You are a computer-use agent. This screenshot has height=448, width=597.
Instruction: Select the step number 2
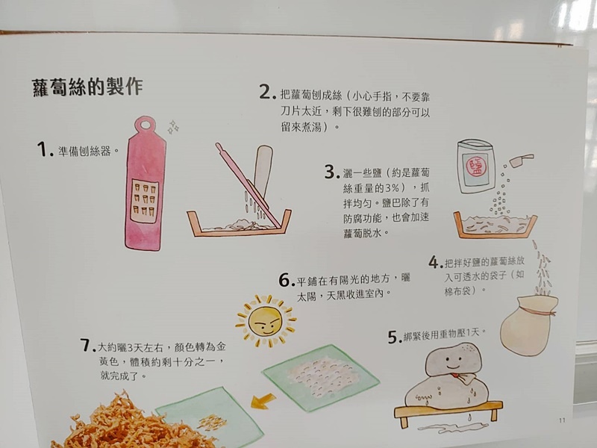pyautogui.click(x=268, y=92)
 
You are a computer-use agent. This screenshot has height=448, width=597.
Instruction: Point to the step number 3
pyautogui.click(x=332, y=172)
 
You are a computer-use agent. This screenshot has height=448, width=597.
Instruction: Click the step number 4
pyautogui.click(x=436, y=262)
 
